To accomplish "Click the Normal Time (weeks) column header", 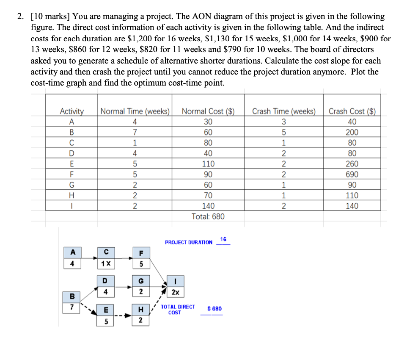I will pyautogui.click(x=135, y=111).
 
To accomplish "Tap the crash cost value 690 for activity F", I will pyautogui.click(x=352, y=174).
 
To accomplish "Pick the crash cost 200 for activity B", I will pyautogui.click(x=352, y=132).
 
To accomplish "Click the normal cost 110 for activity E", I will pyautogui.click(x=208, y=164).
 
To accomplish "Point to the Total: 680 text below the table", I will pyautogui.click(x=208, y=217).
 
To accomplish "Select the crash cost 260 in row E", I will pyautogui.click(x=352, y=164).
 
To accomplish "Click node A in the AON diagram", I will pyautogui.click(x=72, y=258).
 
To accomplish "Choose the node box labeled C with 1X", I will pyautogui.click(x=106, y=258).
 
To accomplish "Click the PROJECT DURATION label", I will pyautogui.click(x=189, y=242).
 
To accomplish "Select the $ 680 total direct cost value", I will pyautogui.click(x=214, y=309).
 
